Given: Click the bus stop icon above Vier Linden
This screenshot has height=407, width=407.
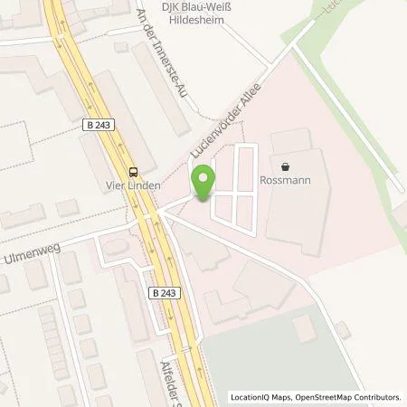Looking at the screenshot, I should (133, 172).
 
